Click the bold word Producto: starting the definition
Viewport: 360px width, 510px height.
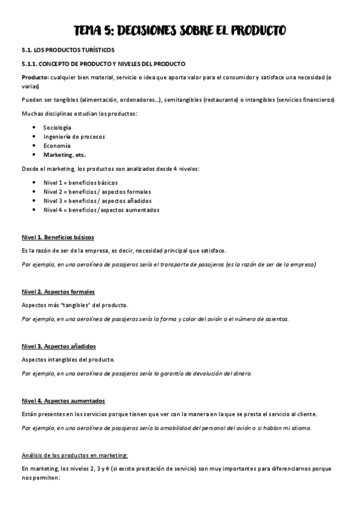[35, 77]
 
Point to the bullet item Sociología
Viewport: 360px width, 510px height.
[57, 127]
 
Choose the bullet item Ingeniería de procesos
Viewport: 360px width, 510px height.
[74, 137]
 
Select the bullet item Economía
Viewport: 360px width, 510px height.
[57, 146]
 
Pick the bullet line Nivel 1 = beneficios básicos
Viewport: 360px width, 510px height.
[81, 182]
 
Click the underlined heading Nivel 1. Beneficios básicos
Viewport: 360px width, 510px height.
[57, 237]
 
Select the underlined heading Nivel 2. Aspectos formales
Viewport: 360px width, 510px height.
[58, 292]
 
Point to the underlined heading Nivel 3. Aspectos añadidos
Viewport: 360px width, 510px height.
[58, 346]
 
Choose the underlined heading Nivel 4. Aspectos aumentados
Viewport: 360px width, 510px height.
[63, 401]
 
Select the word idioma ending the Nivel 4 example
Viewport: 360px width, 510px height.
[301, 428]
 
